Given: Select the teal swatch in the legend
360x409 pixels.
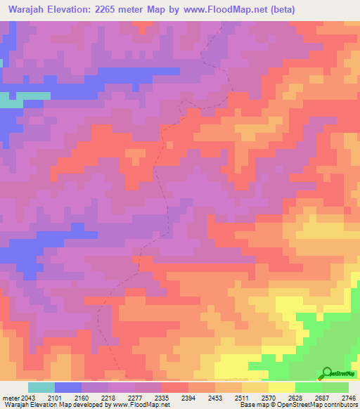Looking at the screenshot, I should pos(41,387).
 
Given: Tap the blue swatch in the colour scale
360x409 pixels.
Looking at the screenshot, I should pos(68,387).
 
